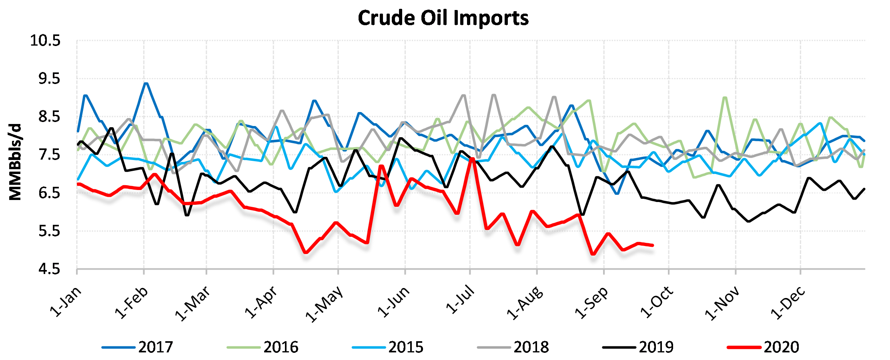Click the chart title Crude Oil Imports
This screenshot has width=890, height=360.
443,18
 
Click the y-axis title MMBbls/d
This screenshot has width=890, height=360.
15,162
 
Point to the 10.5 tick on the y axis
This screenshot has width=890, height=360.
45,40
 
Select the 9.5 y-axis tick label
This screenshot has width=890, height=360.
49,79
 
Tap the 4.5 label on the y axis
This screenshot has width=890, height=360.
49,269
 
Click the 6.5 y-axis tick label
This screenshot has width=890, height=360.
49,193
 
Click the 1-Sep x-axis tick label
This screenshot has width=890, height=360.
592,303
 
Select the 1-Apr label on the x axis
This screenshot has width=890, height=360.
261,303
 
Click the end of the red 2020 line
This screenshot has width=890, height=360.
653,245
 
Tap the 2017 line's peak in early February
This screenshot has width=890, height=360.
146,83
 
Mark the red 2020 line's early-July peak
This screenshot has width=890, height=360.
473,159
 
